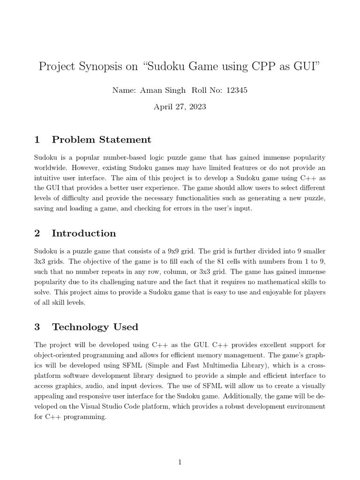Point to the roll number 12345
237,90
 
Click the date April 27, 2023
180,106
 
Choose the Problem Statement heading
101,139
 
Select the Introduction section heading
84,233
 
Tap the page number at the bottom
180,463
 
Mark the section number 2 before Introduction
37,233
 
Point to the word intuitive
49,178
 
